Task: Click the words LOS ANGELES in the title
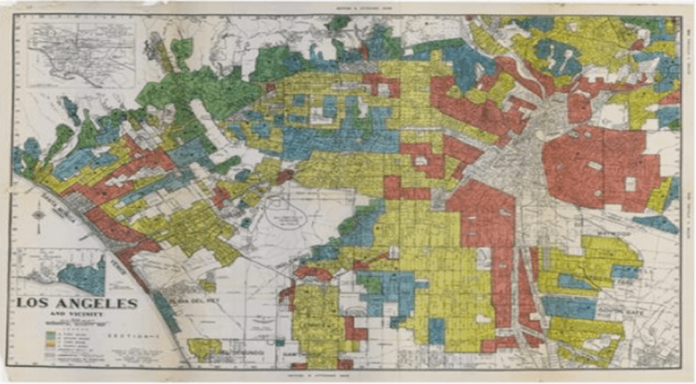(x=76, y=303)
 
